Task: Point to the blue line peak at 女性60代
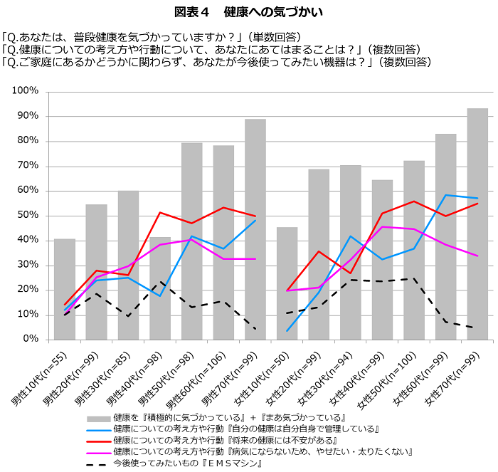coord(446,195)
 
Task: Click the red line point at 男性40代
coord(160,213)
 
